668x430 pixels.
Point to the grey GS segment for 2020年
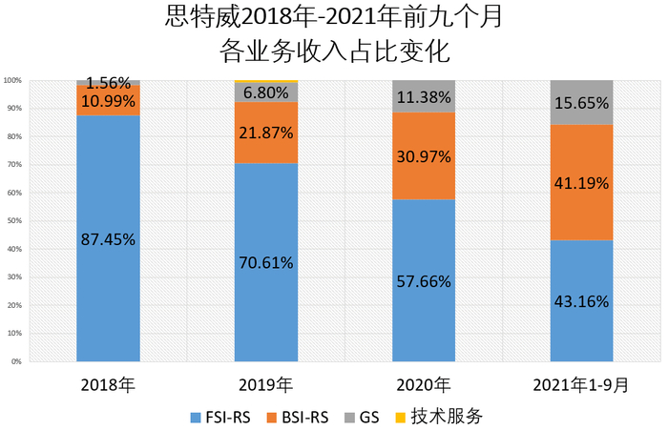424,96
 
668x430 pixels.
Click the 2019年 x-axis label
266,385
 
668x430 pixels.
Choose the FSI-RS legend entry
223,417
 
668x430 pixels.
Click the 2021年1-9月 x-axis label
582,385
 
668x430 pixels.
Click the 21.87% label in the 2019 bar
266,133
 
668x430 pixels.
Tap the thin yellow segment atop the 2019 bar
266,81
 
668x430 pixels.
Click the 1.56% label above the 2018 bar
108,83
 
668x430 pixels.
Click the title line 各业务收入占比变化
333,50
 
